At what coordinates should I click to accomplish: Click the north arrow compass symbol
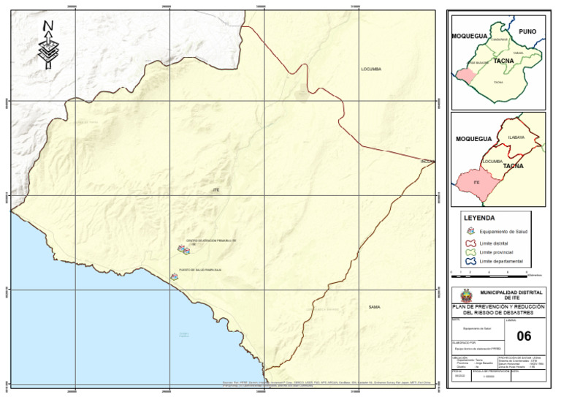point(48,45)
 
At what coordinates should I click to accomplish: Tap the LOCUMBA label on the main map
point(371,69)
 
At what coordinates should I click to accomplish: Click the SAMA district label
point(374,306)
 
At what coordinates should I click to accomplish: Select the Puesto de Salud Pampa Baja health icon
point(174,277)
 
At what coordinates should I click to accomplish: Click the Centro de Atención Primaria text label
point(211,241)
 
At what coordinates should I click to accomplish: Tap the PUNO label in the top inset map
point(527,32)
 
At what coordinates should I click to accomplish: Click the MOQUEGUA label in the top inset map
point(469,36)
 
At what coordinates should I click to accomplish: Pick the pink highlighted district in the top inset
point(464,75)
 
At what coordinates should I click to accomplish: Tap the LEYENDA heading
point(479,218)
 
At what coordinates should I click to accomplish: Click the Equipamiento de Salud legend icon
point(470,231)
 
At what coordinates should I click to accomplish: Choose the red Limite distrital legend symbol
point(470,243)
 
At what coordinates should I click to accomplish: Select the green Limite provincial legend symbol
point(470,252)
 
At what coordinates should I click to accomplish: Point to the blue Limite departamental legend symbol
point(470,261)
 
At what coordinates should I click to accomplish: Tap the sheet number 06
point(524,336)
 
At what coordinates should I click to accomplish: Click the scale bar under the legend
point(489,272)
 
